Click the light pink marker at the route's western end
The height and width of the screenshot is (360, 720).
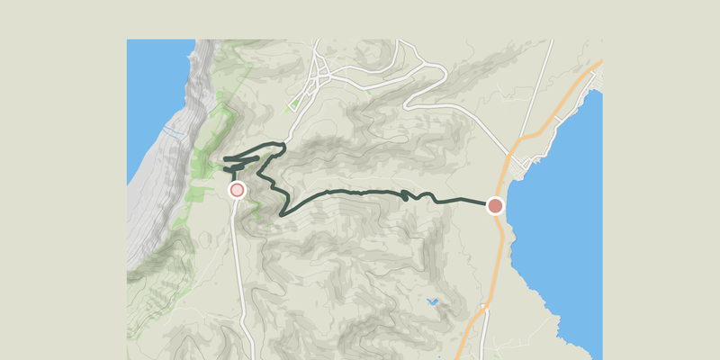[x=237, y=190]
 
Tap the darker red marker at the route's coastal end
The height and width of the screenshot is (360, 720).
[x=495, y=206]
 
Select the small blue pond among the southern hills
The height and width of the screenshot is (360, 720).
[x=432, y=302]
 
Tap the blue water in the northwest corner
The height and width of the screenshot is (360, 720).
[x=153, y=90]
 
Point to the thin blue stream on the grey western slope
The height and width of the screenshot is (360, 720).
[x=173, y=133]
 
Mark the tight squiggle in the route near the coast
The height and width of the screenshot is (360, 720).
[x=409, y=194]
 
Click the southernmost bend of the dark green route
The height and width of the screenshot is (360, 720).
[x=284, y=214]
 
